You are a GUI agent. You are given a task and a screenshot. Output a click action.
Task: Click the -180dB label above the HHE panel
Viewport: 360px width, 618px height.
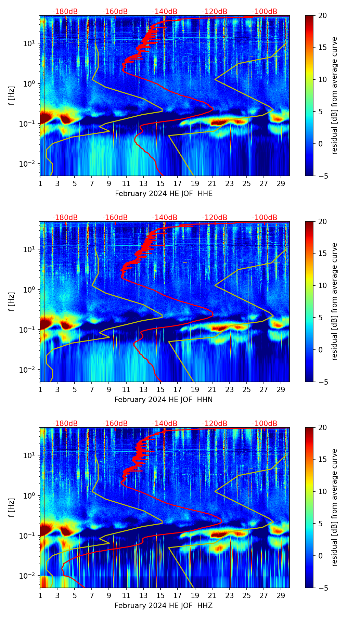coord(65,12)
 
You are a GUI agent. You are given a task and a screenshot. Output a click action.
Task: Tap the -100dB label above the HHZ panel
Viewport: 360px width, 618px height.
coord(265,424)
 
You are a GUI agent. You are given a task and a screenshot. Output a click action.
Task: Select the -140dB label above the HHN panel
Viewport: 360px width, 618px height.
coord(165,218)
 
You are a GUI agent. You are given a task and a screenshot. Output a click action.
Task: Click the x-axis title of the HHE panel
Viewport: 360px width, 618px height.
coord(164,194)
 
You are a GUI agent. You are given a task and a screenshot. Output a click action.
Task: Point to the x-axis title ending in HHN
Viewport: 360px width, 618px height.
coord(164,400)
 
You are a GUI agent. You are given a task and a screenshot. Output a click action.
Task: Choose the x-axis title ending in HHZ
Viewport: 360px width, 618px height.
coord(164,606)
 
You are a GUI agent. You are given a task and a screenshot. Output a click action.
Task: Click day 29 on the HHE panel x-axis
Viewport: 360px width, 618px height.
coord(281,183)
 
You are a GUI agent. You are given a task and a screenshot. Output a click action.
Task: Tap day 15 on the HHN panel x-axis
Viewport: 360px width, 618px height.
coord(160,389)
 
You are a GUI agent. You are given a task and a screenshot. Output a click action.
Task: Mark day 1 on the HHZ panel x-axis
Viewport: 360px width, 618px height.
coord(40,595)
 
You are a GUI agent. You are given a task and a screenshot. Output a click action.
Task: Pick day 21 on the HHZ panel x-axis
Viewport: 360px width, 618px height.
coord(212,595)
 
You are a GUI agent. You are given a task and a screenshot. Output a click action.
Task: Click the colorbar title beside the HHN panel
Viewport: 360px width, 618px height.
coord(334,301)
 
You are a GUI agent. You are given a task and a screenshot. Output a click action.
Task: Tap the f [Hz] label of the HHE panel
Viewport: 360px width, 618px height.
coord(12,96)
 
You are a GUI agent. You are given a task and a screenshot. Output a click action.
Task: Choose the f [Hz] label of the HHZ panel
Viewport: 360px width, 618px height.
coord(12,508)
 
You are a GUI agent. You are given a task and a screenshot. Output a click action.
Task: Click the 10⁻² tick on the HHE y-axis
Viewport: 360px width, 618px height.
coord(29,164)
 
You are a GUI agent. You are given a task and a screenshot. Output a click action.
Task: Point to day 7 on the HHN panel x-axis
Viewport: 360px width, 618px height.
coord(92,389)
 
